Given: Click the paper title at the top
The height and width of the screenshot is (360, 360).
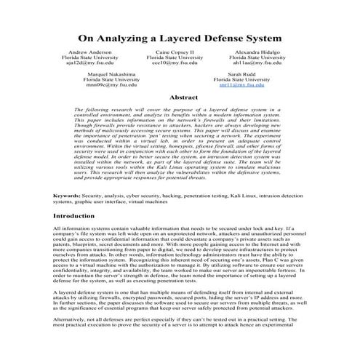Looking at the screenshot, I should point(180,36).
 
